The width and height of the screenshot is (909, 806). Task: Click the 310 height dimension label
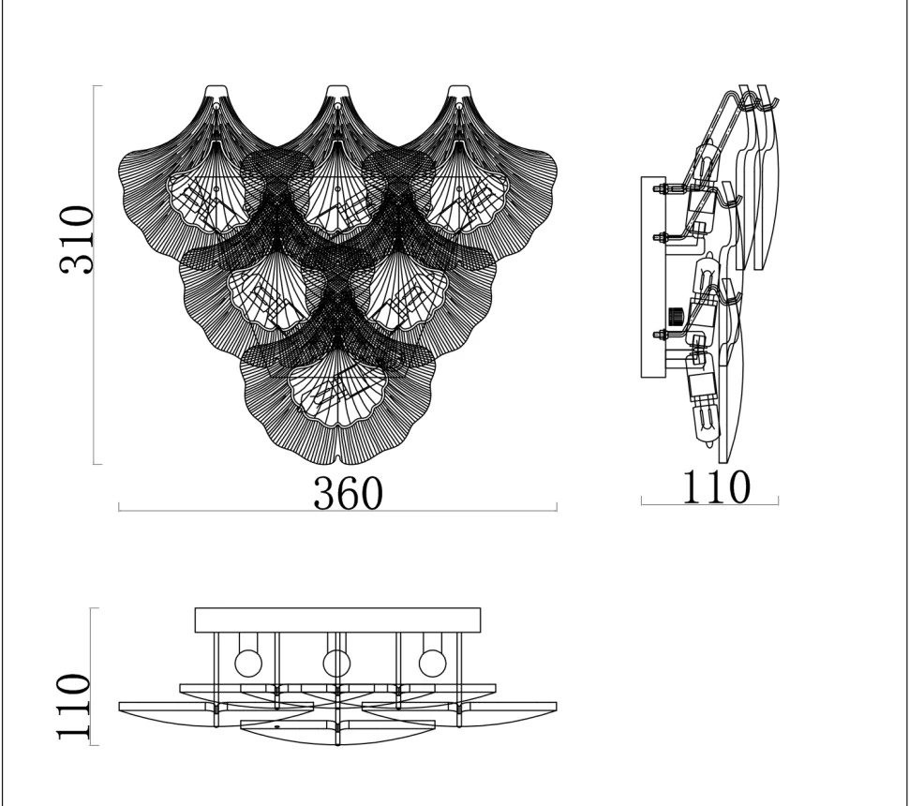tap(77, 240)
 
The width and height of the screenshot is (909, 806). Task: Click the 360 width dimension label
tap(348, 494)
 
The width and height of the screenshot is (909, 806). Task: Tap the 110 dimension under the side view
tap(717, 487)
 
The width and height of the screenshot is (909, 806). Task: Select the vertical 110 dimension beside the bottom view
tap(74, 707)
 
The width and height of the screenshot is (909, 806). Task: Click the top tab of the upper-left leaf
tap(216, 92)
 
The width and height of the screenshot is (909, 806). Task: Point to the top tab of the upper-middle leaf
tap(337, 92)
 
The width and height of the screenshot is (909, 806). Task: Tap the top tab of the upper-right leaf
tap(459, 92)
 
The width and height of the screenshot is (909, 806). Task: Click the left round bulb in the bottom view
tap(248, 664)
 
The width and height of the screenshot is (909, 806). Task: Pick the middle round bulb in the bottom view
tap(336, 664)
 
